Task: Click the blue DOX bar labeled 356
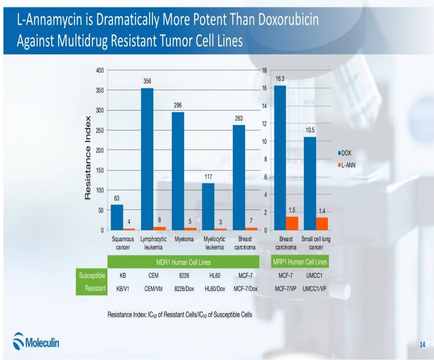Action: [x=147, y=159]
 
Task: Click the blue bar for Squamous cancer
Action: [x=117, y=217]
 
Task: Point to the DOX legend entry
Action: [x=345, y=153]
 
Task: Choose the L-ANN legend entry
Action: [x=347, y=165]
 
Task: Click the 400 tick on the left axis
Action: [x=100, y=70]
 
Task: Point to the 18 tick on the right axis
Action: [x=264, y=70]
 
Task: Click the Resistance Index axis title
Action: [x=88, y=158]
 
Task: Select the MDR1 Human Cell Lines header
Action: [x=183, y=262]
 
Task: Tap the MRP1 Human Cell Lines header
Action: [x=299, y=262]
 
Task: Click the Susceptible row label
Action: [x=92, y=275]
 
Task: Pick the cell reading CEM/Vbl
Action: [x=153, y=288]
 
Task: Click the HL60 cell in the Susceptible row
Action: [x=215, y=275]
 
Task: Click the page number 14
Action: [x=422, y=345]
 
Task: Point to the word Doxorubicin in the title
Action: [x=288, y=19]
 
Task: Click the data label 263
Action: [x=239, y=118]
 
